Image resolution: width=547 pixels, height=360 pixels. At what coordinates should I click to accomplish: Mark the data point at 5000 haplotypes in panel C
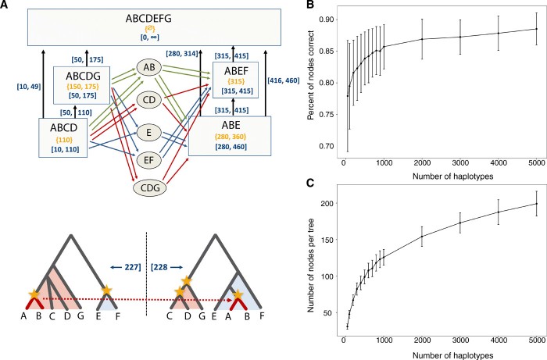point(535,204)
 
